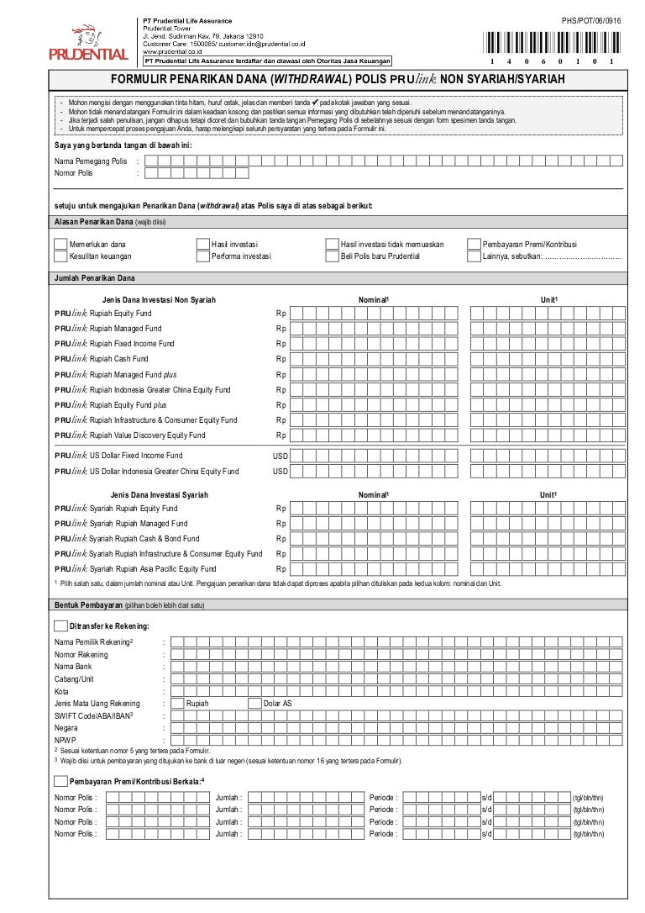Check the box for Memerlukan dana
pos(60,245)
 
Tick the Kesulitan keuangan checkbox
pos(60,256)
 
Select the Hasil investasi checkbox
pos(202,245)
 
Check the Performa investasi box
pos(202,256)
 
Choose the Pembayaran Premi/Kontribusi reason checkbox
pos(474,245)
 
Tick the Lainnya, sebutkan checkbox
pos(474,256)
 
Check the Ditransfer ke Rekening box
pos(60,625)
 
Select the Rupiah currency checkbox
pos(177,703)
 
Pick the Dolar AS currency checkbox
pos(255,703)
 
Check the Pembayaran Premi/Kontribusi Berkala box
pos(60,781)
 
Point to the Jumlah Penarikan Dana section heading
pos(94,278)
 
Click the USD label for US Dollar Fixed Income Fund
pos(280,456)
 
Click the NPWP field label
pos(66,740)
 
